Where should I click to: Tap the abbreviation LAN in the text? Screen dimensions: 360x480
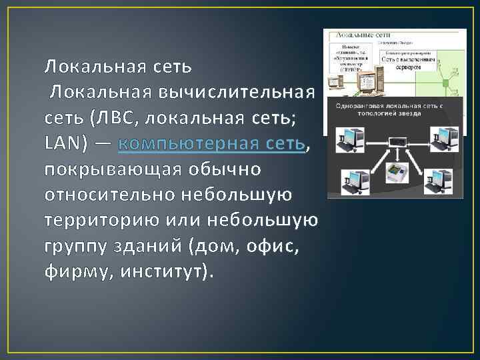(x=62, y=143)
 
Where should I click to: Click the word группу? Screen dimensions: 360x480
(x=73, y=246)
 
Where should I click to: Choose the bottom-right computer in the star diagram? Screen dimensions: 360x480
(x=440, y=180)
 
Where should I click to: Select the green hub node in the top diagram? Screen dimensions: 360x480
(x=442, y=82)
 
